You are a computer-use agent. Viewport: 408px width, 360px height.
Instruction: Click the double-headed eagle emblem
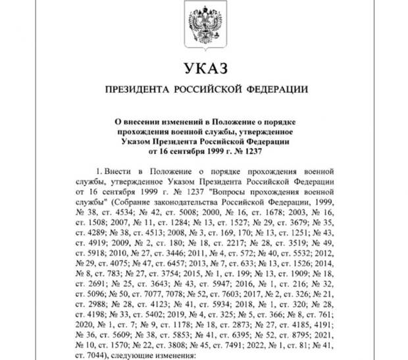(203, 27)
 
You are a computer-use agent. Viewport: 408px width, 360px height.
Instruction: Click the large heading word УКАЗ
(203, 68)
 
